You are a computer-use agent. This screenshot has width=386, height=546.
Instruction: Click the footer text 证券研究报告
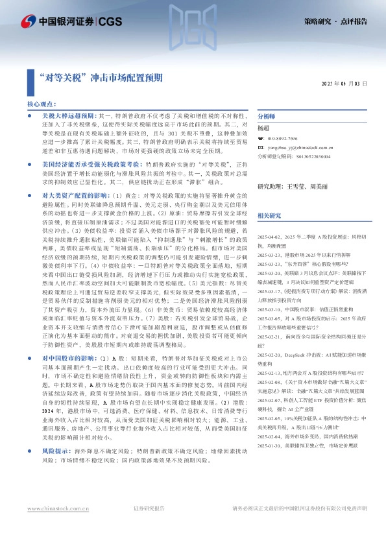[149, 527]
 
